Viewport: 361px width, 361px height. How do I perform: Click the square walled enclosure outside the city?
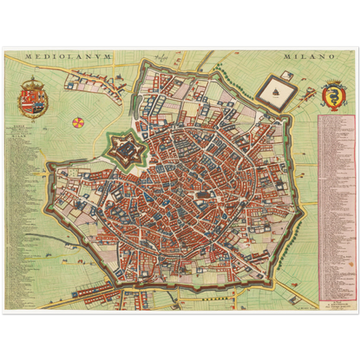pos(278,89)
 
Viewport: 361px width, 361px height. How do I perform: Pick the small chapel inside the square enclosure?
pos(278,87)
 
